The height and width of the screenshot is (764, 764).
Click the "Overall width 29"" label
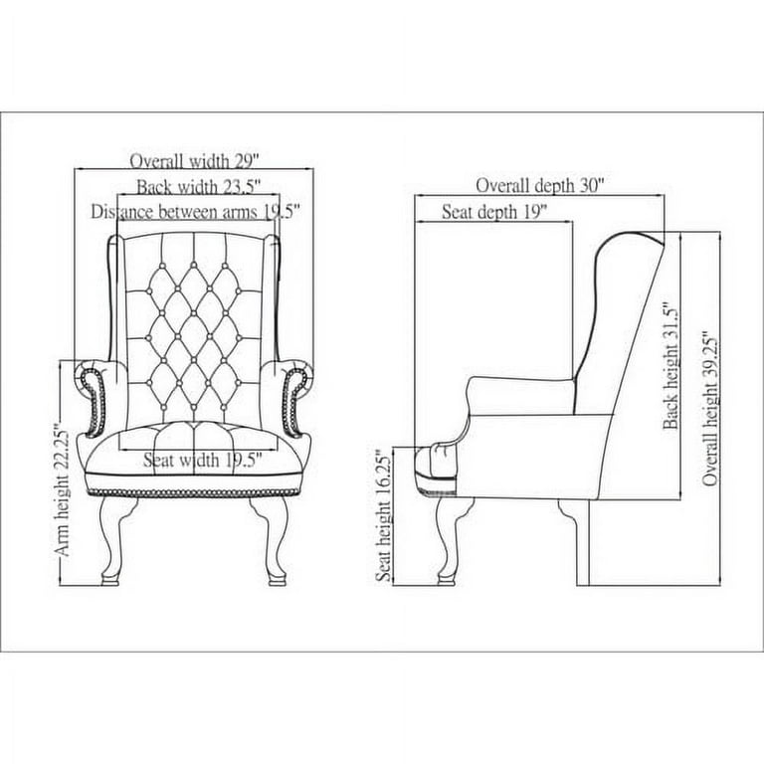coord(194,161)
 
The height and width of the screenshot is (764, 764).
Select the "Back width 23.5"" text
coord(199,187)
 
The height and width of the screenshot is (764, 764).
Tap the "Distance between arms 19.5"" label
coord(195,212)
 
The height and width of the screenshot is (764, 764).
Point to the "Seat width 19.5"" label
coord(203,460)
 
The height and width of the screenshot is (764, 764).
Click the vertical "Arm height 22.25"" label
coord(63,492)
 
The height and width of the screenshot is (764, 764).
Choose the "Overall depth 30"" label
coord(540,186)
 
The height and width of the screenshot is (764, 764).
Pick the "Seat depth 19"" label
coord(494,212)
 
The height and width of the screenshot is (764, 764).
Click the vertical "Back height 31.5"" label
coord(670,366)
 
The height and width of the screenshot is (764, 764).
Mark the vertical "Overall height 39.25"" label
coord(710,409)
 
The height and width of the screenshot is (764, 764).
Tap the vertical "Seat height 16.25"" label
coord(384,518)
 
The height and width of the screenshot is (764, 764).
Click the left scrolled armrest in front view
coord(92,397)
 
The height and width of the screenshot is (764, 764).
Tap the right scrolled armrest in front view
coord(295,397)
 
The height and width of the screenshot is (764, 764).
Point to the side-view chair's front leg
coord(449,541)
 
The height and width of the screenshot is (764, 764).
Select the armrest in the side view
coord(520,396)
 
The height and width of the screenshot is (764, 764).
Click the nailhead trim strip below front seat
coord(192,492)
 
